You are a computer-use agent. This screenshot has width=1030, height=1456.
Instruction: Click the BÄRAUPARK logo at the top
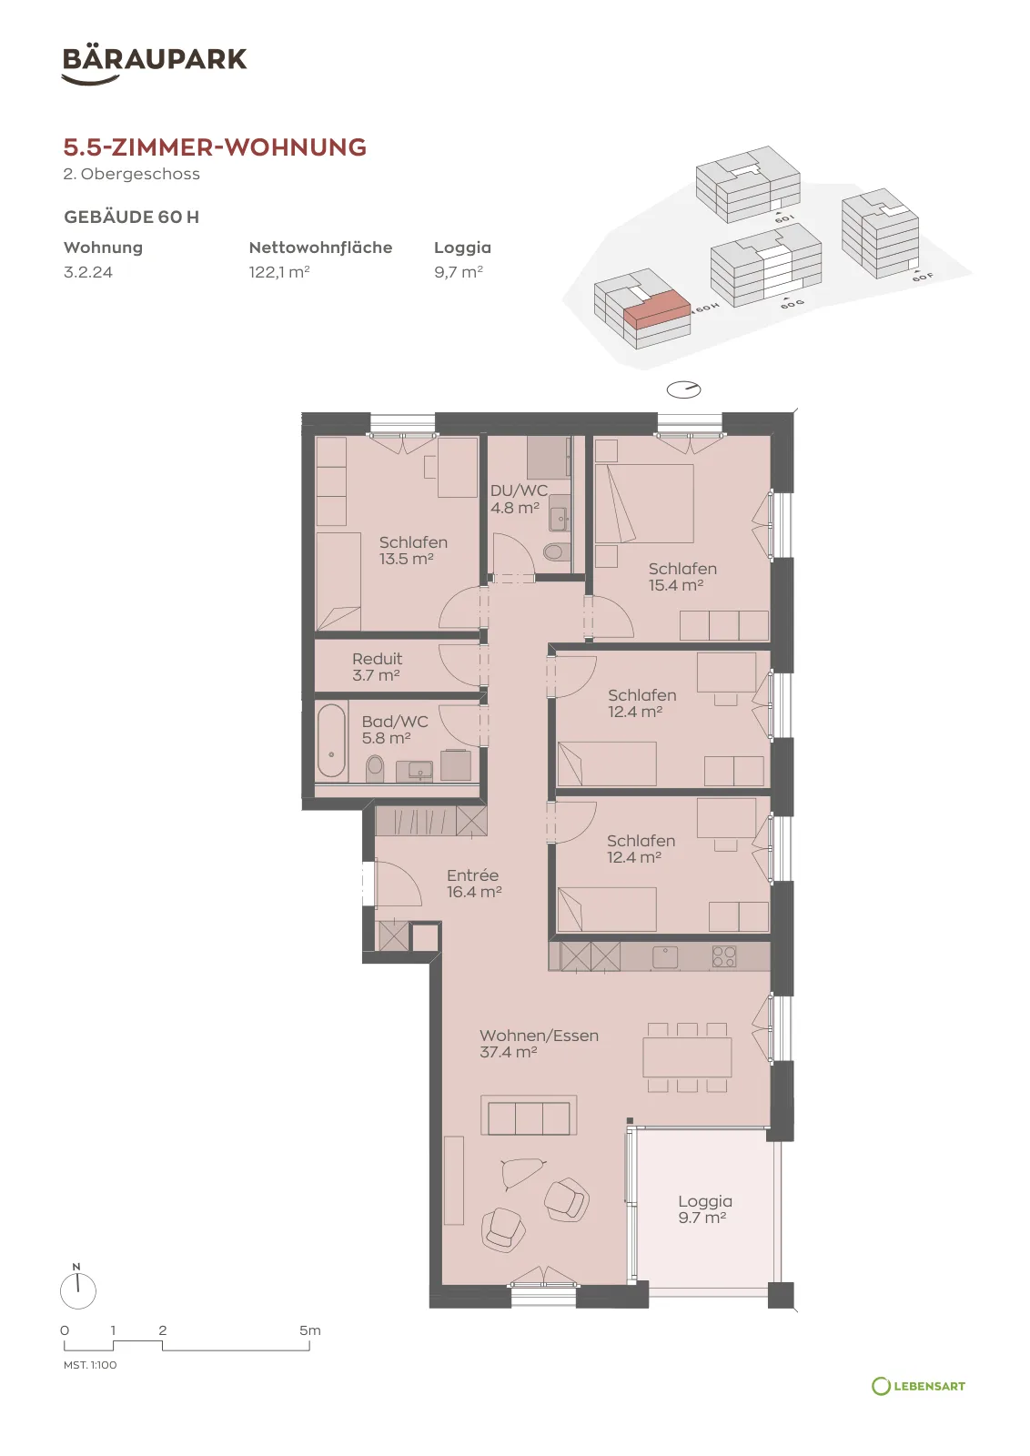point(154,65)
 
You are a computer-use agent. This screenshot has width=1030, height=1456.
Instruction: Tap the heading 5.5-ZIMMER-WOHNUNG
point(215,147)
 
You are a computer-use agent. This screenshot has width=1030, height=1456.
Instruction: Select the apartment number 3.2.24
point(88,272)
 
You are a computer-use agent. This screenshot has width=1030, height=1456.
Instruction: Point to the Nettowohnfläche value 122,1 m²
point(278,272)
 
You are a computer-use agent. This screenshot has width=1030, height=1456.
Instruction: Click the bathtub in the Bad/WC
point(331,741)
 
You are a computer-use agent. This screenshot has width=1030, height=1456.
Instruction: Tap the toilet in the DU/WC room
point(553,551)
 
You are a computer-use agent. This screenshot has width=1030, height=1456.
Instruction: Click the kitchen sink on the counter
point(665,956)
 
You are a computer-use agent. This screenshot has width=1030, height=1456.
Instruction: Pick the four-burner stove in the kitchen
point(724,956)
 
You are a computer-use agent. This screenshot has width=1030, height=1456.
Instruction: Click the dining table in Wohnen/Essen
point(687,1057)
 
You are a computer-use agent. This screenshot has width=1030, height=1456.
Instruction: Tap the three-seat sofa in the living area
point(529,1116)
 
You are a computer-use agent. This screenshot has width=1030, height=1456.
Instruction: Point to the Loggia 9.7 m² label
point(705,1209)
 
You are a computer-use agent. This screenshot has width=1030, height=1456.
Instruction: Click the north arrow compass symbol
point(78,1289)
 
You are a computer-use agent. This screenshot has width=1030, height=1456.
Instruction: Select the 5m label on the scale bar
point(310,1330)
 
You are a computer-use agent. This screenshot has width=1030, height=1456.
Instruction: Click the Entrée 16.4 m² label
point(474,884)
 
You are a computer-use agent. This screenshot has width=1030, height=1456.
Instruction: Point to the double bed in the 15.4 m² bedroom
point(644,503)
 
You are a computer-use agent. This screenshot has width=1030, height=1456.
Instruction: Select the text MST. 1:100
point(90,1365)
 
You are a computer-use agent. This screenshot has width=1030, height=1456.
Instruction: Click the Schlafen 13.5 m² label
point(413,551)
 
